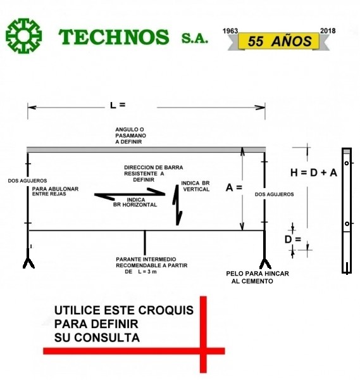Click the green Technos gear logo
pos(23,36)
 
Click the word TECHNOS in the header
pos(113,37)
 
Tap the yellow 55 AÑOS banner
pos(278,41)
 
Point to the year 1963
pos(230,31)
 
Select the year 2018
pos(328,31)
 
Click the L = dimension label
pos(118,105)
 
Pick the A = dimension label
pos(234,187)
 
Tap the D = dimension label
pos(293,239)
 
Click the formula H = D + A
pos(314,173)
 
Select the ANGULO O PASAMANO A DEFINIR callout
pos(130,136)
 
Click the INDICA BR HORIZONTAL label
pos(135,203)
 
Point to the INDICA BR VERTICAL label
pos(196,186)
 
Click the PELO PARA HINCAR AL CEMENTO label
pos(258,277)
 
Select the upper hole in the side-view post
pos(347,163)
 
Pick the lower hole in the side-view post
pos(347,224)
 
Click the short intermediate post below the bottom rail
pos(145,243)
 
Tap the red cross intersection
pos(203,351)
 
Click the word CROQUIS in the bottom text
pos(169,310)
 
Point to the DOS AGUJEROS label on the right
pos(275,194)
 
